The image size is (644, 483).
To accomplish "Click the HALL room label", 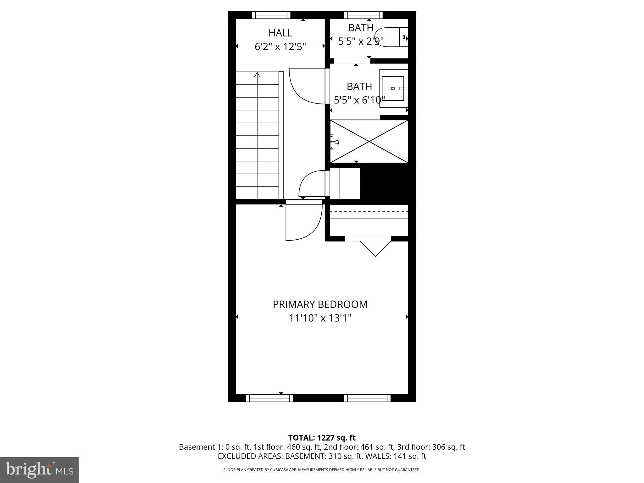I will pyautogui.click(x=280, y=33).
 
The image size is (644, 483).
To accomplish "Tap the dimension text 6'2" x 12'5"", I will pyautogui.click(x=280, y=47).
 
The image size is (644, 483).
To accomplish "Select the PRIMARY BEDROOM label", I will pyautogui.click(x=320, y=304).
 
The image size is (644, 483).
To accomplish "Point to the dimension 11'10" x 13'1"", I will pyautogui.click(x=320, y=318).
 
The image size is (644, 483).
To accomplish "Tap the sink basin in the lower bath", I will pyautogui.click(x=393, y=88).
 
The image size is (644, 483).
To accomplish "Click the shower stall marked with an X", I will pyautogui.click(x=369, y=142).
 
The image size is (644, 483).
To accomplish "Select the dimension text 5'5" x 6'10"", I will pyautogui.click(x=359, y=100).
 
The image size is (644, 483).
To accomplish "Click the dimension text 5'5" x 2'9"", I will pyautogui.click(x=361, y=41).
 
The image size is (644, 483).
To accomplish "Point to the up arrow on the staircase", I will pyautogui.click(x=257, y=75).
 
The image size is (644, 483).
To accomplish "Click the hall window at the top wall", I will pyautogui.click(x=271, y=15).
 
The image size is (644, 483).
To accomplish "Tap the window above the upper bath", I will pyautogui.click(x=363, y=15).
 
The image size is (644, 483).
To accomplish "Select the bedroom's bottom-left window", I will pyautogui.click(x=269, y=398).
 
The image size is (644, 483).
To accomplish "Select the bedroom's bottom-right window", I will pyautogui.click(x=367, y=398).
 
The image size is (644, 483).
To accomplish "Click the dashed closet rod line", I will pyautogui.click(x=369, y=212).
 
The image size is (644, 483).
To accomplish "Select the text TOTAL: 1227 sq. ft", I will pyautogui.click(x=322, y=438).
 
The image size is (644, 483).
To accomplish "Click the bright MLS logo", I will pyautogui.click(x=39, y=470).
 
